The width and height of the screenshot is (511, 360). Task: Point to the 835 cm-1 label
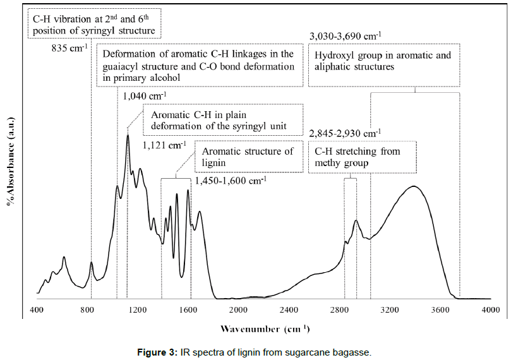tap(69, 47)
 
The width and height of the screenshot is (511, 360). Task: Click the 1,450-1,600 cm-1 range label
tap(231, 181)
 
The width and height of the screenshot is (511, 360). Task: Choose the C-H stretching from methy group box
tap(363, 157)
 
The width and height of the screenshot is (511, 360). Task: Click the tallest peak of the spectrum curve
tap(128, 135)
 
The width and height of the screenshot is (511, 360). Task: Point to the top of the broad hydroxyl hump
tap(414, 186)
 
